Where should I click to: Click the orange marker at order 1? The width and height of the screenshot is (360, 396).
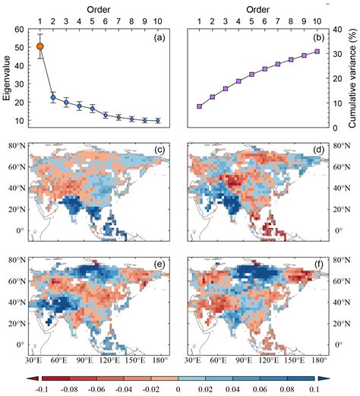pyautogui.click(x=40, y=46)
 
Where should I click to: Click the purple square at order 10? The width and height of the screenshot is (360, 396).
pyautogui.click(x=317, y=52)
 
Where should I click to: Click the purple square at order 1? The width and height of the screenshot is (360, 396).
pyautogui.click(x=199, y=106)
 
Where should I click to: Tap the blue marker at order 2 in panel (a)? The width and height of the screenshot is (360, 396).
pyautogui.click(x=53, y=97)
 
